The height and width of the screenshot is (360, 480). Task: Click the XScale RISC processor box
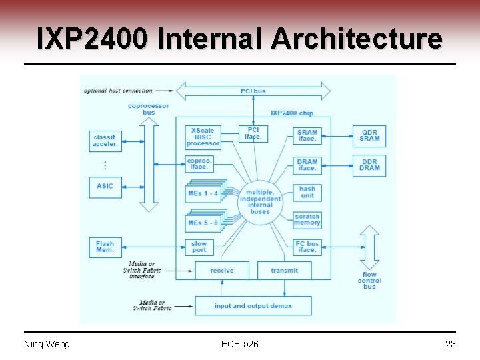point(203,137)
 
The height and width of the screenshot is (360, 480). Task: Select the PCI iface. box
point(253,133)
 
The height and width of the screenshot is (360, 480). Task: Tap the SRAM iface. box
point(307,135)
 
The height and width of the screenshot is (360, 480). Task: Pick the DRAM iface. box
point(307,165)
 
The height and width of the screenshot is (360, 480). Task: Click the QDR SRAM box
point(369,135)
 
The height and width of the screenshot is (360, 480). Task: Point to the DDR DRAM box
point(369,165)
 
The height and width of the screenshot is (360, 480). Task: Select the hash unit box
point(307,193)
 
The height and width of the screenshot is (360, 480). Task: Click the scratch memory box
point(307,219)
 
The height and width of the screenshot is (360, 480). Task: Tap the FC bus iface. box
point(307,247)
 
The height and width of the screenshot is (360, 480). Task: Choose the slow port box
point(199,247)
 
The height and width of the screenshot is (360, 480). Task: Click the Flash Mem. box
point(105,247)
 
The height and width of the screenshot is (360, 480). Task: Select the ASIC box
point(105,186)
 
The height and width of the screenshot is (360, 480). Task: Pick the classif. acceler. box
point(105,141)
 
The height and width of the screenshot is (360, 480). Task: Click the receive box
point(222,271)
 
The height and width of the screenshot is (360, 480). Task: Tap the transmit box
point(285,271)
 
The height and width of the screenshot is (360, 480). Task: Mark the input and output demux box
point(253,306)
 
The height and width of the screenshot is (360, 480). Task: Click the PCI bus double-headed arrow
point(253,91)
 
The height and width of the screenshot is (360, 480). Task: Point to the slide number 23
point(450,344)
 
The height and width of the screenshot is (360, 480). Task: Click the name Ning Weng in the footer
point(47,344)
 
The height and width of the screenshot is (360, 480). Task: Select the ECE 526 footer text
point(240,344)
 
